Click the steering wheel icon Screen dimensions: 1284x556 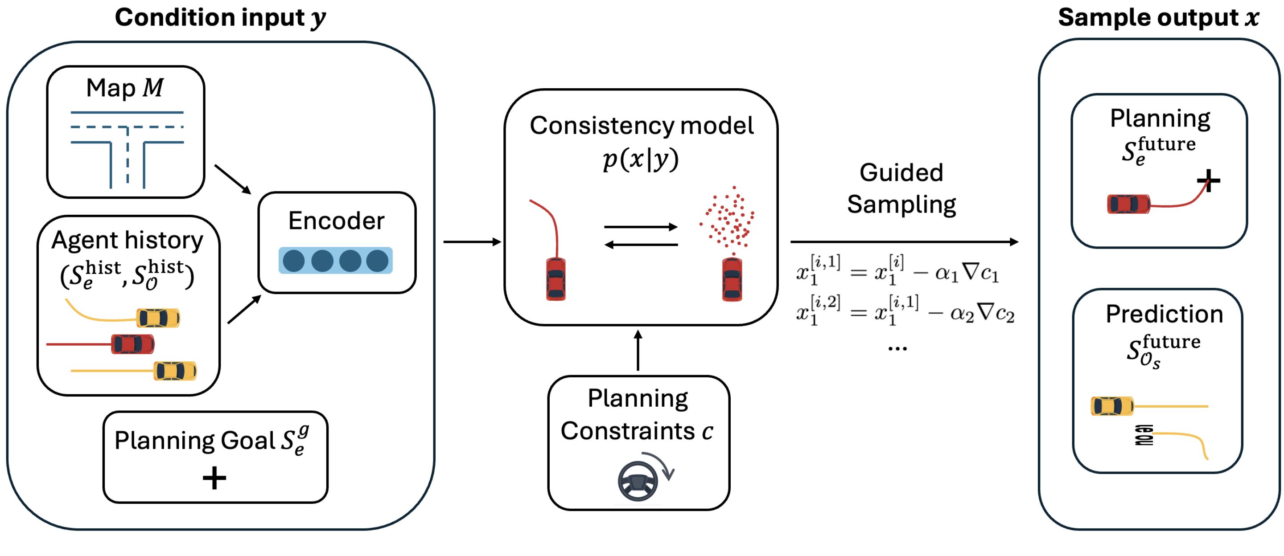(x=638, y=481)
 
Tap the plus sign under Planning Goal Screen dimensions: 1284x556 (x=214, y=478)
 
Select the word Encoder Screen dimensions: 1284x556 (x=337, y=220)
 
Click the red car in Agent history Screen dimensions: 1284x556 (x=132, y=344)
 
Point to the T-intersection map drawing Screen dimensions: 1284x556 (x=127, y=149)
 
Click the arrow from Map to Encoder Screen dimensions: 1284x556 (x=233, y=180)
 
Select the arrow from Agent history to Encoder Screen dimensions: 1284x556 (x=244, y=309)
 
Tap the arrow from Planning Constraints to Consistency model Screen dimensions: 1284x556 (x=638, y=350)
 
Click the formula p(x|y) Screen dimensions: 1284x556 (x=641, y=159)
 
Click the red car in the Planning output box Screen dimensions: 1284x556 (x=1128, y=204)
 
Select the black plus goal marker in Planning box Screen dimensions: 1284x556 (x=1209, y=180)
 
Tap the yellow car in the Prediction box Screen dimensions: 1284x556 (x=1112, y=406)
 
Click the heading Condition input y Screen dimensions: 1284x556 (x=220, y=18)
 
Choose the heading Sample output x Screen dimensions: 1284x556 (x=1158, y=18)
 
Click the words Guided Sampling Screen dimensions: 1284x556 (x=901, y=188)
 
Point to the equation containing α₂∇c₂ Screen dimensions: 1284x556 (x=905, y=311)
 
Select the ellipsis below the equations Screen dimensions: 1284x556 (x=897, y=349)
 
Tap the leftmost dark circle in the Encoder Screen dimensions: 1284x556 (x=294, y=261)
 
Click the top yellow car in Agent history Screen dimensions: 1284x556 (x=158, y=318)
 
